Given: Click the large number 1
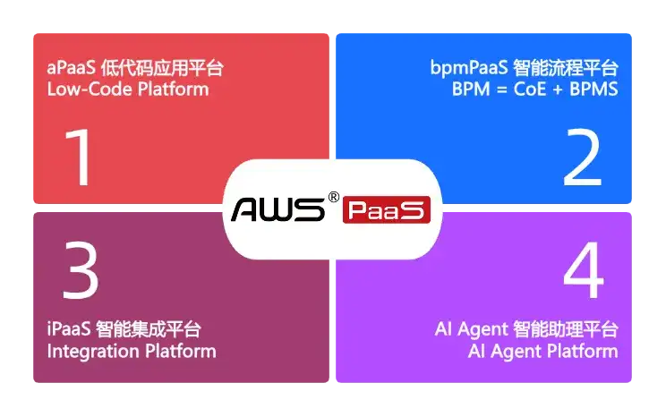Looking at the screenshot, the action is tap(81, 157).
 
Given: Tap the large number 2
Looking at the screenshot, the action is tap(583, 157).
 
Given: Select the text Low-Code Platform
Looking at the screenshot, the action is tap(127, 89).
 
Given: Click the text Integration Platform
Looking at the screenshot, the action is tap(131, 351).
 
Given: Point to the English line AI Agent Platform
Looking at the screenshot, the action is tap(542, 351).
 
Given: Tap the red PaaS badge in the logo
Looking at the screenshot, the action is tap(387, 211).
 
